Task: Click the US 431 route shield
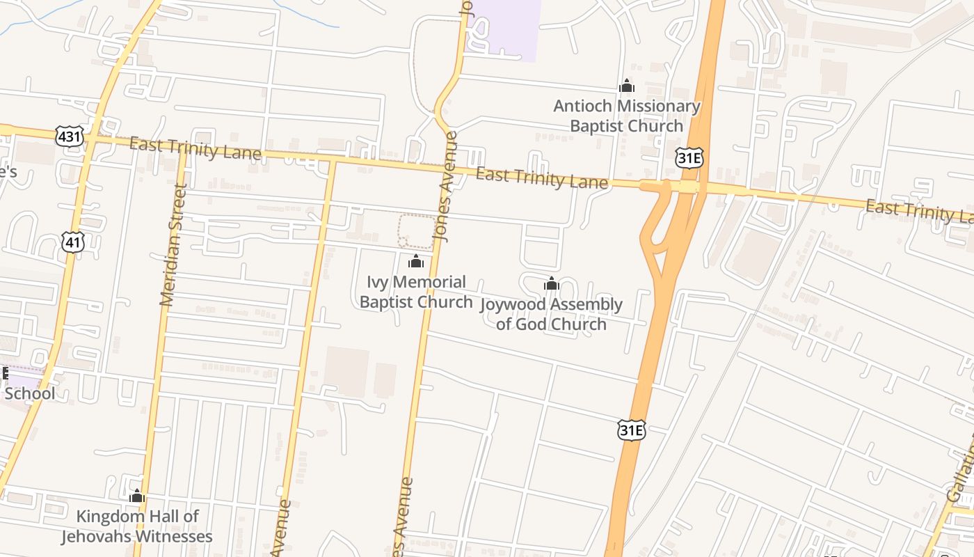[70, 136]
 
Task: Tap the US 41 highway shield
[73, 242]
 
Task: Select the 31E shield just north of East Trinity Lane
[689, 157]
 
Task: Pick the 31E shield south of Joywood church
[632, 430]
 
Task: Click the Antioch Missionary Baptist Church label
[626, 116]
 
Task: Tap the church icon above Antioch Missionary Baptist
[627, 86]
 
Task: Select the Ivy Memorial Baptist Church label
[416, 292]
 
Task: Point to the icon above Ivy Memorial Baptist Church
[416, 261]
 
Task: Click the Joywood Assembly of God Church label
[552, 314]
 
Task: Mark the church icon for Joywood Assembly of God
[552, 283]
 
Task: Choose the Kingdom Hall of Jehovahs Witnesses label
[137, 526]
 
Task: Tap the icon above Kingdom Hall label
[137, 496]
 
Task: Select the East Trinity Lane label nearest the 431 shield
[195, 148]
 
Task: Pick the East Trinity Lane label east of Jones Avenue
[542, 178]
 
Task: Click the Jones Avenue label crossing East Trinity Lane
[445, 187]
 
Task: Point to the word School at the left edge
[30, 393]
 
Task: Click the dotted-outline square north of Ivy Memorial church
[416, 231]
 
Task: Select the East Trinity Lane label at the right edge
[918, 211]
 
